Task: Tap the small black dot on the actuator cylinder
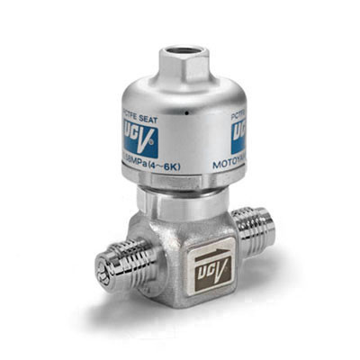[183, 115]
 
